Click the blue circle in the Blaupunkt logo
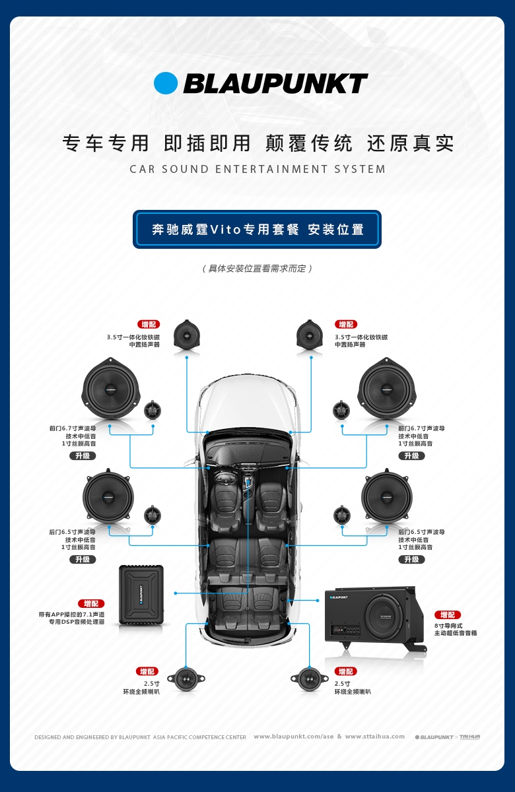point(166,83)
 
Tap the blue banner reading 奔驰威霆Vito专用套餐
point(257,230)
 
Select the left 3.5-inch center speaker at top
point(187,335)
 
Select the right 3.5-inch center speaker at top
point(310,335)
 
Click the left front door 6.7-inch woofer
point(111,391)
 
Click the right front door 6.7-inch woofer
point(387,391)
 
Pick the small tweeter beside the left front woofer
point(153,409)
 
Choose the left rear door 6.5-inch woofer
point(108,497)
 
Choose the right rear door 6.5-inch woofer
point(387,497)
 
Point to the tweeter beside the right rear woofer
point(342,515)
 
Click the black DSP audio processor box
point(141,595)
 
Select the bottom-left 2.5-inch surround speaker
point(186,678)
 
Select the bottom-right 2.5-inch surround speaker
point(309,678)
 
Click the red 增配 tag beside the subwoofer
point(448,614)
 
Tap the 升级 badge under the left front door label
point(83,456)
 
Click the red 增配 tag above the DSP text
point(91,603)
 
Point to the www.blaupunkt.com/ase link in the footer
point(293,737)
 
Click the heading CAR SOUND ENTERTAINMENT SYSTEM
point(257,170)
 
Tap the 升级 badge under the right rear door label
point(411,559)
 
